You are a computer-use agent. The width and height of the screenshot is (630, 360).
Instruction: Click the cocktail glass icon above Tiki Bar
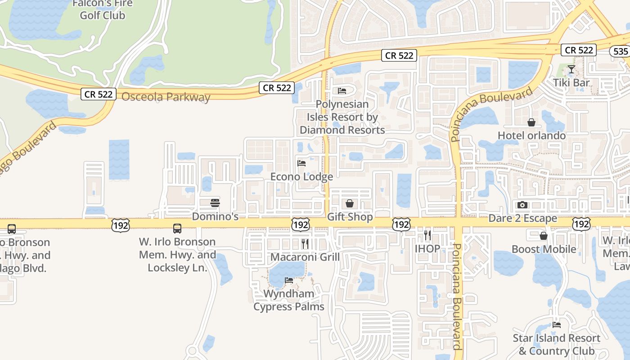coord(571,69)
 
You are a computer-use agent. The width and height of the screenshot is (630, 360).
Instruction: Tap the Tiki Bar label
coord(571,83)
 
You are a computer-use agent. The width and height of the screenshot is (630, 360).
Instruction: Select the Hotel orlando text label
coord(531,135)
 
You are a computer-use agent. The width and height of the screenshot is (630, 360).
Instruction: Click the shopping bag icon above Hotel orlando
coord(531,122)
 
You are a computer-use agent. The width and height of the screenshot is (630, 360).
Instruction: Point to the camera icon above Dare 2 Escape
coord(522,205)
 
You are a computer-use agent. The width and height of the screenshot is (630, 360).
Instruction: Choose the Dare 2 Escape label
coord(523,219)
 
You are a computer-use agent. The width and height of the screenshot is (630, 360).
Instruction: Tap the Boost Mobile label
coord(544,249)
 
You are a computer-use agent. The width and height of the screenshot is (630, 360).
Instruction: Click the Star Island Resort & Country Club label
coord(556,344)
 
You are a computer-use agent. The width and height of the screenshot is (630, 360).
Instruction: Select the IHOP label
coord(427,248)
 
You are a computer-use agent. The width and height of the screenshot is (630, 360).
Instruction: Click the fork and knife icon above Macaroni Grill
coord(305,244)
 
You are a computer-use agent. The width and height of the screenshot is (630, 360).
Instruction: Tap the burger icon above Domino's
coord(215,203)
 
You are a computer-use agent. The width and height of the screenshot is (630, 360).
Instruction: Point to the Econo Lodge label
coord(301,176)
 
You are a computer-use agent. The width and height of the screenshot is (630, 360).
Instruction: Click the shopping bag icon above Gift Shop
coord(350,204)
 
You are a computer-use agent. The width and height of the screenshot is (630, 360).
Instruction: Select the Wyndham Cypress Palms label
coord(289,300)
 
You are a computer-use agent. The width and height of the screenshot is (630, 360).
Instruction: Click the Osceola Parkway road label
coord(166,97)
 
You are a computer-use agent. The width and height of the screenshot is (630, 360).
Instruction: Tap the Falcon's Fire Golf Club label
coord(103,9)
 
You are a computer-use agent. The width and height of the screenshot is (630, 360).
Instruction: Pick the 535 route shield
coord(620,51)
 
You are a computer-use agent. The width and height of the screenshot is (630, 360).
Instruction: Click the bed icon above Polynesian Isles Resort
coord(342,91)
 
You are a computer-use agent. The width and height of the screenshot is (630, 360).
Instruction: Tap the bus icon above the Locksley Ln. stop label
coord(177,229)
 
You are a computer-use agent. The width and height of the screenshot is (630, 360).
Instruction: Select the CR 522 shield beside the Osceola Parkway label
coord(99,94)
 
